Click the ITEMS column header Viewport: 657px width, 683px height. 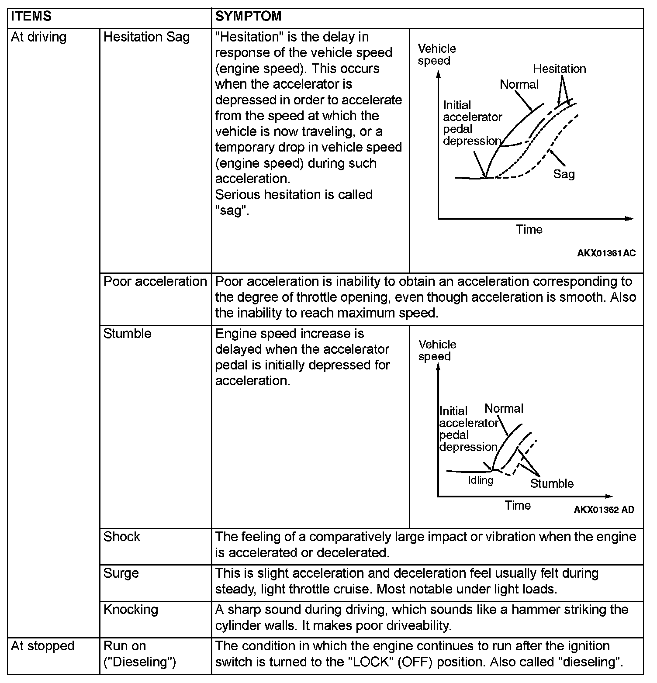31,16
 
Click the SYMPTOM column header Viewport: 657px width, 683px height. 248,16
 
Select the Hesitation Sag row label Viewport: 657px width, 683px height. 146,37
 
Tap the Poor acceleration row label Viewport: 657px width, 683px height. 155,282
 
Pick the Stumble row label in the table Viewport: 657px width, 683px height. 127,334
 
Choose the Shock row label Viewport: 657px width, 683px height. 121,537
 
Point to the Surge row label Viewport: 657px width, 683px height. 121,573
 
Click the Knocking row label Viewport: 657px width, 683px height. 131,609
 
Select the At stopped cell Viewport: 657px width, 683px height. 42,646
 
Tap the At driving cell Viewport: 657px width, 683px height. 38,37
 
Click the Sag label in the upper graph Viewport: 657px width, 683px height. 564,174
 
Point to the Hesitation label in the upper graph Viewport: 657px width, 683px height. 559,69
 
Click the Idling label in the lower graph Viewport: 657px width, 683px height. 481,480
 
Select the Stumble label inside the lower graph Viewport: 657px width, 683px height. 552,483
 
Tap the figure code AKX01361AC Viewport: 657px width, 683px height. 606,253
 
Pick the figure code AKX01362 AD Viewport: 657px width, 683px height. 604,510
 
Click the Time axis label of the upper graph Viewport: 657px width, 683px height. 529,230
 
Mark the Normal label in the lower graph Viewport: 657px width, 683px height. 504,409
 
